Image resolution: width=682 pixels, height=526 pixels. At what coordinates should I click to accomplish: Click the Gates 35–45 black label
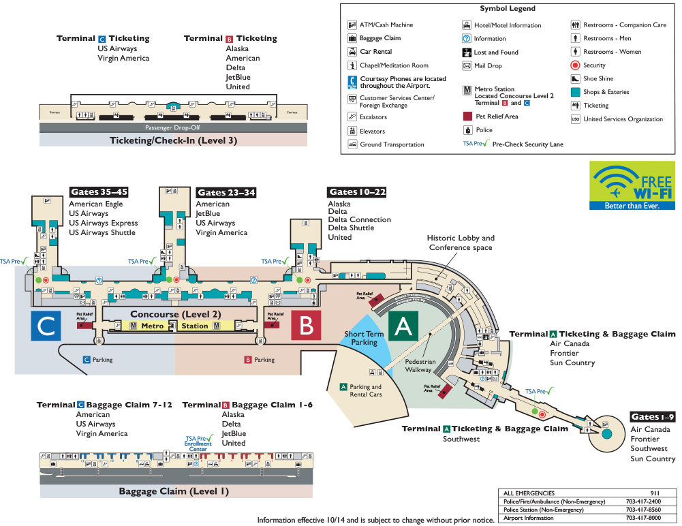pyautogui.click(x=99, y=192)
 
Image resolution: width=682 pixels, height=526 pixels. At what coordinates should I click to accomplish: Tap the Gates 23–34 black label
pyautogui.click(x=226, y=193)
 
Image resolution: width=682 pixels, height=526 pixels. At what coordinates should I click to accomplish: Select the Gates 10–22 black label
pyautogui.click(x=357, y=192)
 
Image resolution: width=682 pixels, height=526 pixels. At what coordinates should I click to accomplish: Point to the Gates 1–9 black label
pyautogui.click(x=652, y=417)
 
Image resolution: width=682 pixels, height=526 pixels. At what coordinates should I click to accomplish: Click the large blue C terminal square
pyautogui.click(x=46, y=326)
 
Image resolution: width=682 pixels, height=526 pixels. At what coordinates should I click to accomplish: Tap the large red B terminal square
pyautogui.click(x=306, y=326)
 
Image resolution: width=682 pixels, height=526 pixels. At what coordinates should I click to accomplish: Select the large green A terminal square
pyautogui.click(x=404, y=326)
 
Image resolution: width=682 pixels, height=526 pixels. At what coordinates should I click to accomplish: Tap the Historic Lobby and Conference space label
pyautogui.click(x=461, y=243)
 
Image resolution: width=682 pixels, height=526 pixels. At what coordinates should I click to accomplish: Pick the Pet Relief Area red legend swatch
pyautogui.click(x=467, y=117)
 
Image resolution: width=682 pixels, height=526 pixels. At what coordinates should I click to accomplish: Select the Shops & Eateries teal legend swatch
pyautogui.click(x=576, y=92)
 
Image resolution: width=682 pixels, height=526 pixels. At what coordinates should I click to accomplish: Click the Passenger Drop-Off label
pyautogui.click(x=173, y=127)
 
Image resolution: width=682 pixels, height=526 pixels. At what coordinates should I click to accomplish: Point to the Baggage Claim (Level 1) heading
pyautogui.click(x=174, y=491)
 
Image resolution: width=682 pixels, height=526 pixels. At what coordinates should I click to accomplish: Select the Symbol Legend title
pyautogui.click(x=508, y=9)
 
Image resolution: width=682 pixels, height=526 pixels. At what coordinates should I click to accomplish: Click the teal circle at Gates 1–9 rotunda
pyautogui.click(x=606, y=433)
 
